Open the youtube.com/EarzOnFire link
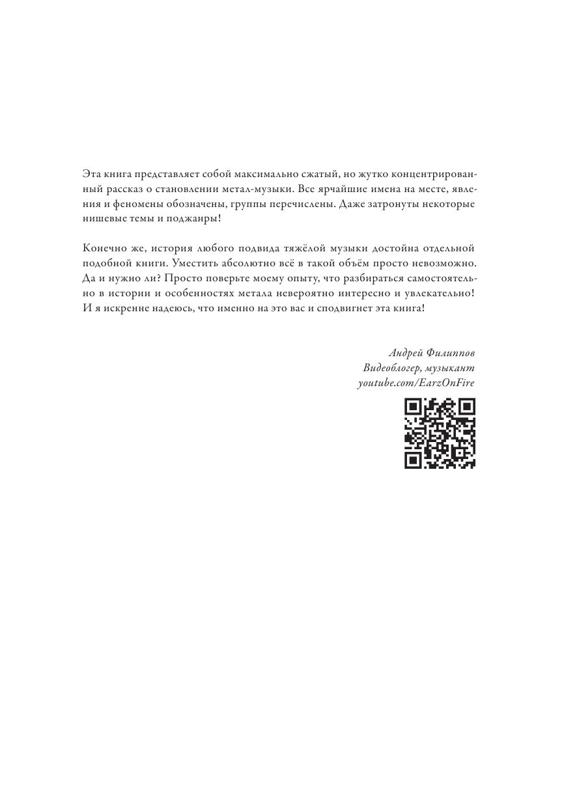417,383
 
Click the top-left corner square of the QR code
412,408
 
